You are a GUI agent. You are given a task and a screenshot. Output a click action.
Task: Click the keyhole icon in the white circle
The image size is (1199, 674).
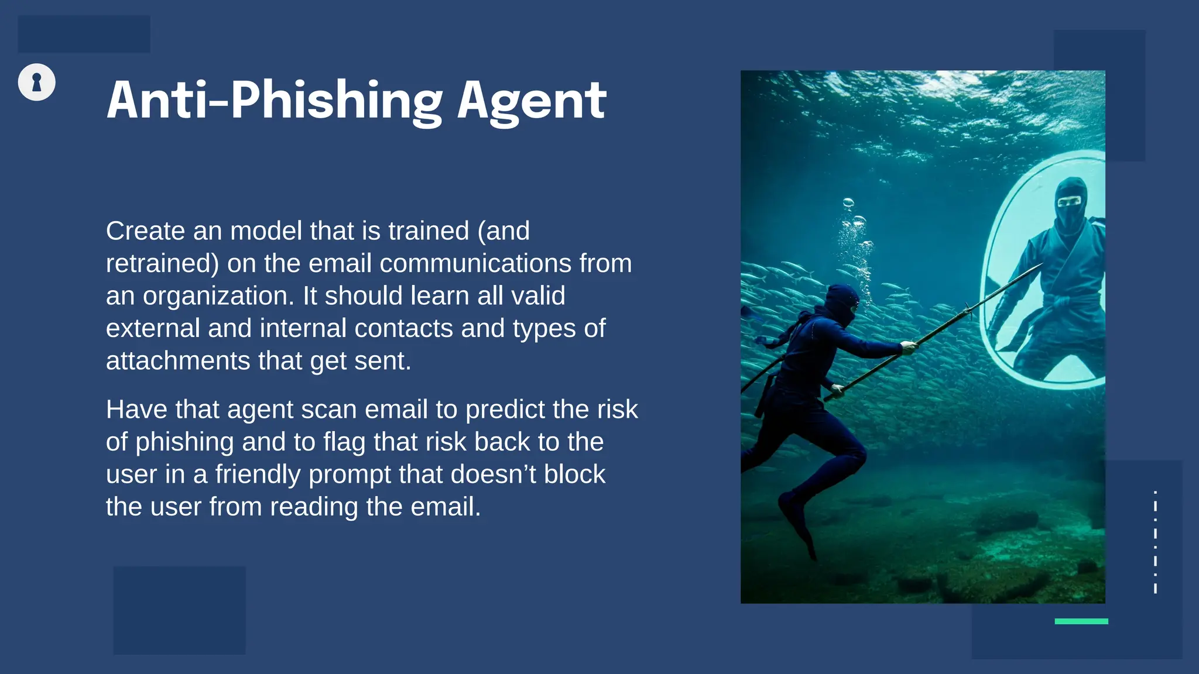(x=37, y=82)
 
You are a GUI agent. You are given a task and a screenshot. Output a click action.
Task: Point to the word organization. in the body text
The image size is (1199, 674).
(x=218, y=297)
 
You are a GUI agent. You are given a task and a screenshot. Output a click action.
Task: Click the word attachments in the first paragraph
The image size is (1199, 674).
(x=178, y=361)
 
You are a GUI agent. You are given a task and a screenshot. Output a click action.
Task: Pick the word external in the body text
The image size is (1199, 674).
(x=153, y=328)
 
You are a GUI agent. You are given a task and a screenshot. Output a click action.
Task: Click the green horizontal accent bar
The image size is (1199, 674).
(x=1081, y=621)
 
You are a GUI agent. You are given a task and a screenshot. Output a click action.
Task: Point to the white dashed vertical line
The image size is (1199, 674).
(x=1155, y=542)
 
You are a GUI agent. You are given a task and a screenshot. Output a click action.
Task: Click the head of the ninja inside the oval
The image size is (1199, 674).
(x=1071, y=202)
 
